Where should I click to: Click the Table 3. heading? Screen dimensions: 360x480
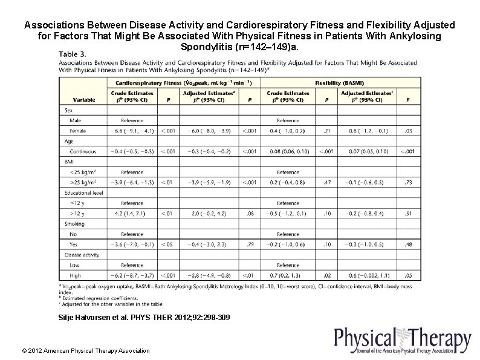[x=73, y=54]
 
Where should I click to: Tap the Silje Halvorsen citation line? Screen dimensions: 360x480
[x=143, y=317]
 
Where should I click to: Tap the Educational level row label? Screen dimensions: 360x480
[x=83, y=193]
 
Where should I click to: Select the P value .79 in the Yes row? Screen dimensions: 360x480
[x=249, y=244]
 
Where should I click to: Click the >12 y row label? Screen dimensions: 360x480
[x=77, y=214]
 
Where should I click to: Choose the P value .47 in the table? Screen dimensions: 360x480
[x=327, y=182]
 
